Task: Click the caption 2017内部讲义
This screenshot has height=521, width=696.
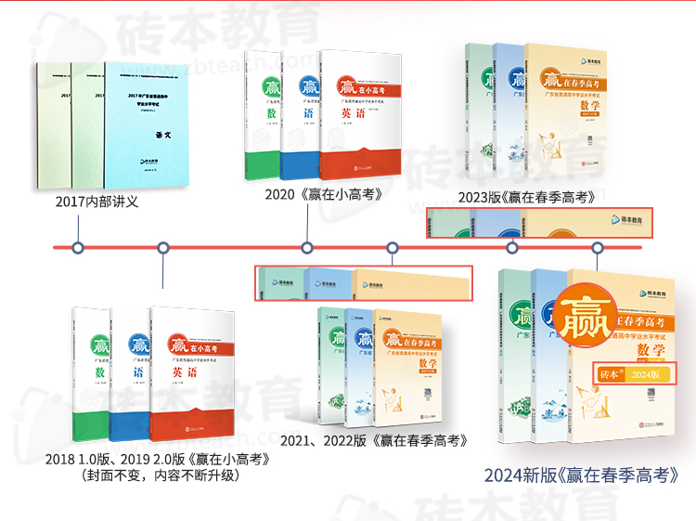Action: pyautogui.click(x=97, y=201)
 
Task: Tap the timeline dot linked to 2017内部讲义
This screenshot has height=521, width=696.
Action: pyautogui.click(x=79, y=248)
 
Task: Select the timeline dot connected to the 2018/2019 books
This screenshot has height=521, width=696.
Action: pyautogui.click(x=163, y=248)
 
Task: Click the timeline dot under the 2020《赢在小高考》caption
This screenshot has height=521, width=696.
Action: pyautogui.click(x=307, y=248)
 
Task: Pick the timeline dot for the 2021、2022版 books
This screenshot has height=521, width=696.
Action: pyautogui.click(x=393, y=248)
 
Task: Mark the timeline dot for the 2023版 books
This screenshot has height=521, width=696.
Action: pyautogui.click(x=512, y=248)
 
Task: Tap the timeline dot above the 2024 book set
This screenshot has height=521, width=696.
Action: pyautogui.click(x=598, y=248)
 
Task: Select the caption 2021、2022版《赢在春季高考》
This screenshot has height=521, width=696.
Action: pyautogui.click(x=373, y=439)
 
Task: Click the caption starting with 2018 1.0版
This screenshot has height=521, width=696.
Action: pyautogui.click(x=158, y=458)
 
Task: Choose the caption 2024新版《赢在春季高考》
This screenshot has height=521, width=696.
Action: pyautogui.click(x=587, y=475)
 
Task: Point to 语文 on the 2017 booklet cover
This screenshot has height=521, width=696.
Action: pyautogui.click(x=163, y=134)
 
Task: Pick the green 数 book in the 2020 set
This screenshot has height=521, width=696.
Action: pyautogui.click(x=260, y=115)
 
